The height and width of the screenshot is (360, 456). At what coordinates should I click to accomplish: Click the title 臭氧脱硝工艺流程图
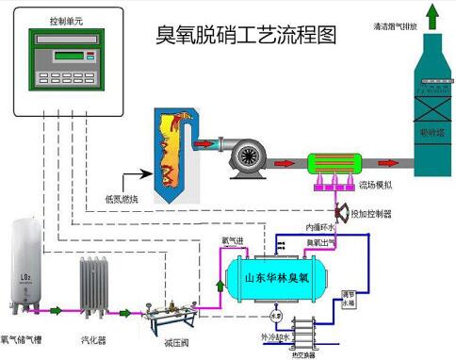click(246, 37)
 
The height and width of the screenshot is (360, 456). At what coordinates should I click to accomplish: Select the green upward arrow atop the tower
click(432, 16)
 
